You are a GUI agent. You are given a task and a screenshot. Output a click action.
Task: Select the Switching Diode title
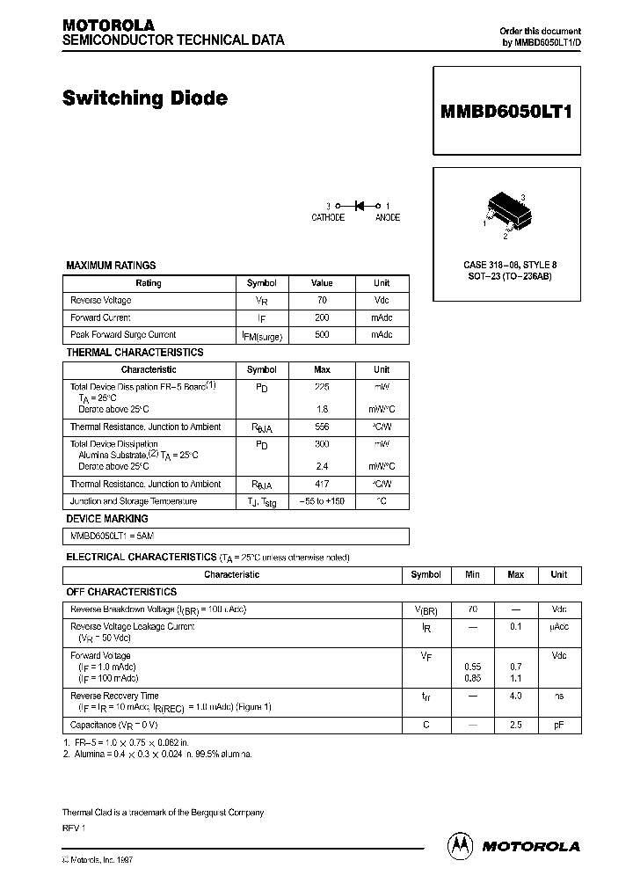coord(145,98)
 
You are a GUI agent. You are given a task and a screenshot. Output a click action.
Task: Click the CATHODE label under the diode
coord(328,217)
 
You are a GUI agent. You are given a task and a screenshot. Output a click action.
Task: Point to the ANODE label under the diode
coord(387,217)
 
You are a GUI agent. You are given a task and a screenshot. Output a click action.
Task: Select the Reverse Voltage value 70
coord(322,301)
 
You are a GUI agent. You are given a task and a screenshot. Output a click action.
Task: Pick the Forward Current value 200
coord(322,317)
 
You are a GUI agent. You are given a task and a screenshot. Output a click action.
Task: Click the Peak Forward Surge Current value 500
coord(322,335)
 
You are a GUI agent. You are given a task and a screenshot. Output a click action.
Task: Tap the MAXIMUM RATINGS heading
coord(111,265)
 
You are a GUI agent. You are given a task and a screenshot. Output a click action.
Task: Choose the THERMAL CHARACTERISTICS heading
coord(135,352)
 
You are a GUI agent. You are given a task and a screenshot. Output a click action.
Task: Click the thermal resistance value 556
coord(322,427)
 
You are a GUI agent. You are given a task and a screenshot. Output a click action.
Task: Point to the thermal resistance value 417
coord(322,485)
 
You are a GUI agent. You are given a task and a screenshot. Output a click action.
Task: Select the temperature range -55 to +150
coord(322,501)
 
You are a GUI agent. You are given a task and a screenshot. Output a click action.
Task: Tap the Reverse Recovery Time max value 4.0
coord(515,696)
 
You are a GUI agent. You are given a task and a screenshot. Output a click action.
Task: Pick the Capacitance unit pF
coord(558,726)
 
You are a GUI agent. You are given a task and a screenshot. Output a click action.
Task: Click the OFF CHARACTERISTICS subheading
coord(121,592)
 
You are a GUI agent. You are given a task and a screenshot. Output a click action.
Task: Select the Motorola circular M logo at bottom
coord(460,845)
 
